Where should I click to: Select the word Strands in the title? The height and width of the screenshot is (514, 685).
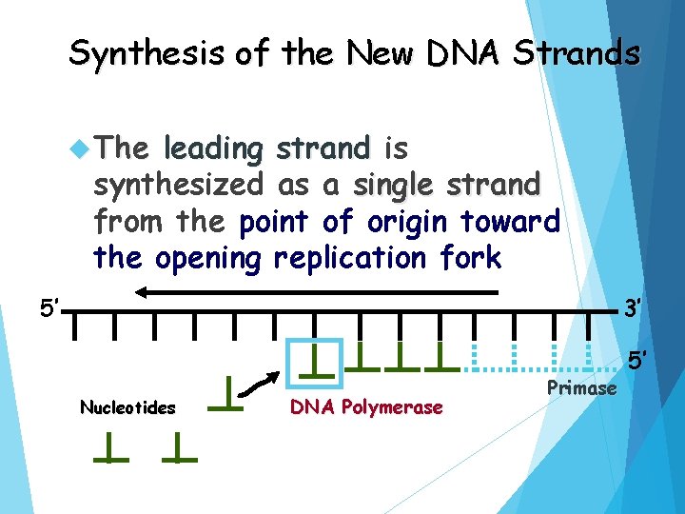tap(577, 54)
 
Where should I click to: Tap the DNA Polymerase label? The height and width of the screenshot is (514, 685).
tap(366, 407)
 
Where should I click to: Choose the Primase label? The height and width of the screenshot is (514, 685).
tap(582, 387)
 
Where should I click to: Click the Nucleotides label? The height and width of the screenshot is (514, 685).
tap(127, 408)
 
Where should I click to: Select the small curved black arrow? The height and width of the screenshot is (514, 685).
tap(257, 383)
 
